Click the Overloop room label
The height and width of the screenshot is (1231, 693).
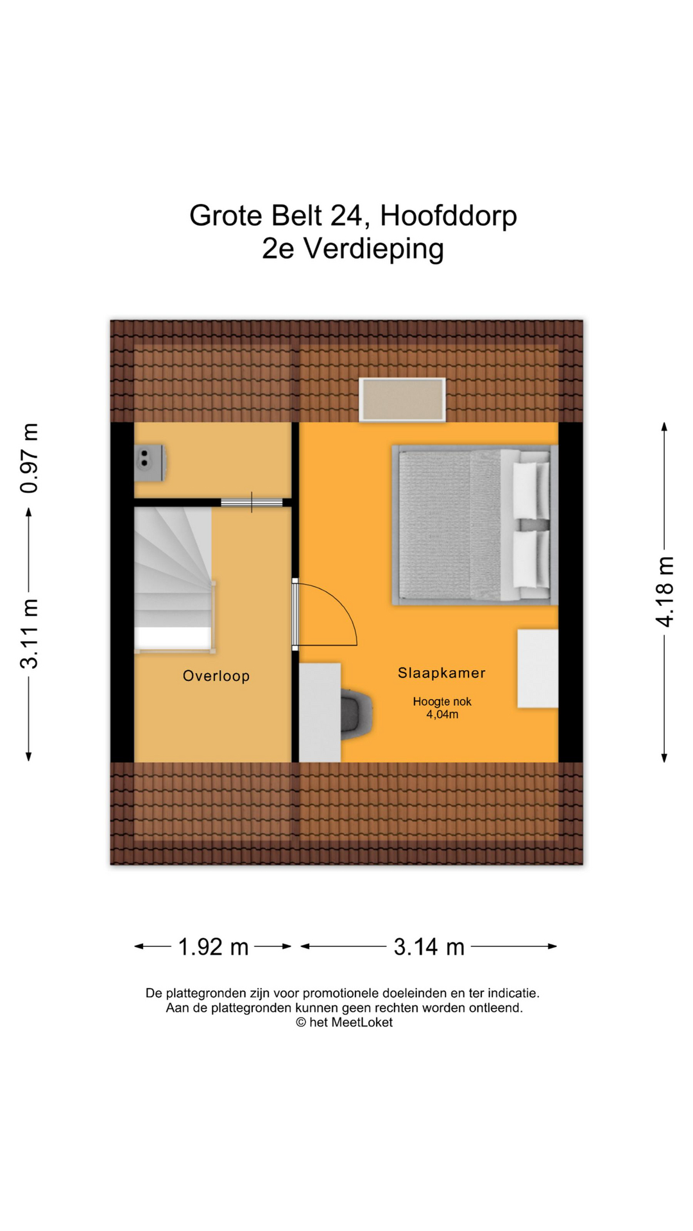click(216, 676)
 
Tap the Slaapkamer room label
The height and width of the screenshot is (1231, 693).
click(441, 673)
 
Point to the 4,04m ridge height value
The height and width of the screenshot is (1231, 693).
click(442, 714)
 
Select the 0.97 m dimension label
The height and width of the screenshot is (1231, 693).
click(30, 458)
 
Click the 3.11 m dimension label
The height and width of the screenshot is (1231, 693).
click(30, 633)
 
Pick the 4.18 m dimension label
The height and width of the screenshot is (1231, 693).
click(665, 592)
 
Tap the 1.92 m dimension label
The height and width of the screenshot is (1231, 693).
click(213, 946)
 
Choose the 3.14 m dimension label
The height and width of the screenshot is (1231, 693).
click(429, 946)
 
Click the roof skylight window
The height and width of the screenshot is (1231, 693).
click(402, 399)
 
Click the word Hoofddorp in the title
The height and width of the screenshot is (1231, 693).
click(449, 215)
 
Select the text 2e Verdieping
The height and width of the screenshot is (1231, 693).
click(353, 249)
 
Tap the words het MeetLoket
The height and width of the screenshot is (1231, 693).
click(351, 1023)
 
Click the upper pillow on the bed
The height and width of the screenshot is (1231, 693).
click(531, 489)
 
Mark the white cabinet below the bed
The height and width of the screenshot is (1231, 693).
click(538, 669)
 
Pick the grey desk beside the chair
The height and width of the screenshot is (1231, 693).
click(320, 712)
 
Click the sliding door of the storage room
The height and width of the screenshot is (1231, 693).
click(252, 502)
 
